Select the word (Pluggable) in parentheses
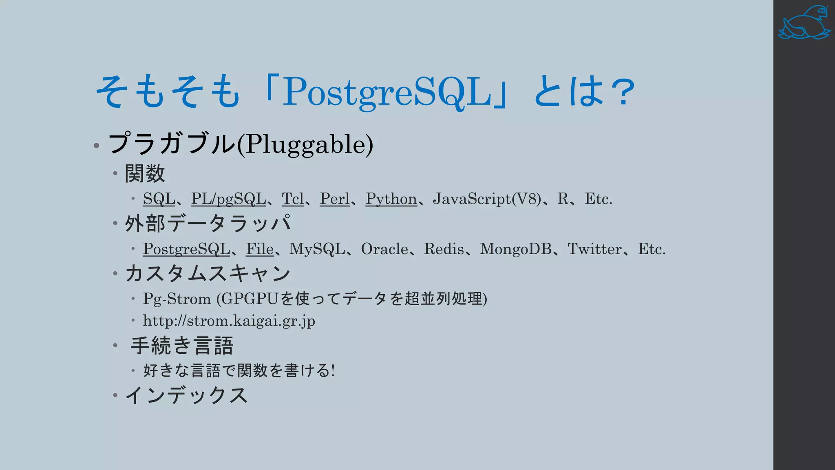(x=305, y=144)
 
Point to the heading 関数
(x=145, y=173)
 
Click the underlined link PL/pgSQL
(x=228, y=199)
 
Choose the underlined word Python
(x=391, y=199)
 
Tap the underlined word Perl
(x=334, y=199)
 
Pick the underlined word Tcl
(x=293, y=199)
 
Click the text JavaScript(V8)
(x=487, y=199)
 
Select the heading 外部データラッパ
(x=208, y=224)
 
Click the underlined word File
(x=260, y=249)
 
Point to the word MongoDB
(x=516, y=249)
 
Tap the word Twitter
(x=595, y=249)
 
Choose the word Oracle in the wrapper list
(x=384, y=249)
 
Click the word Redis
(x=444, y=249)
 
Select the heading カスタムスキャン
(x=208, y=273)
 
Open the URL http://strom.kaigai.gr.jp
(x=229, y=321)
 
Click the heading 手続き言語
(x=182, y=346)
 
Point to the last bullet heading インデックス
(x=186, y=395)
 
